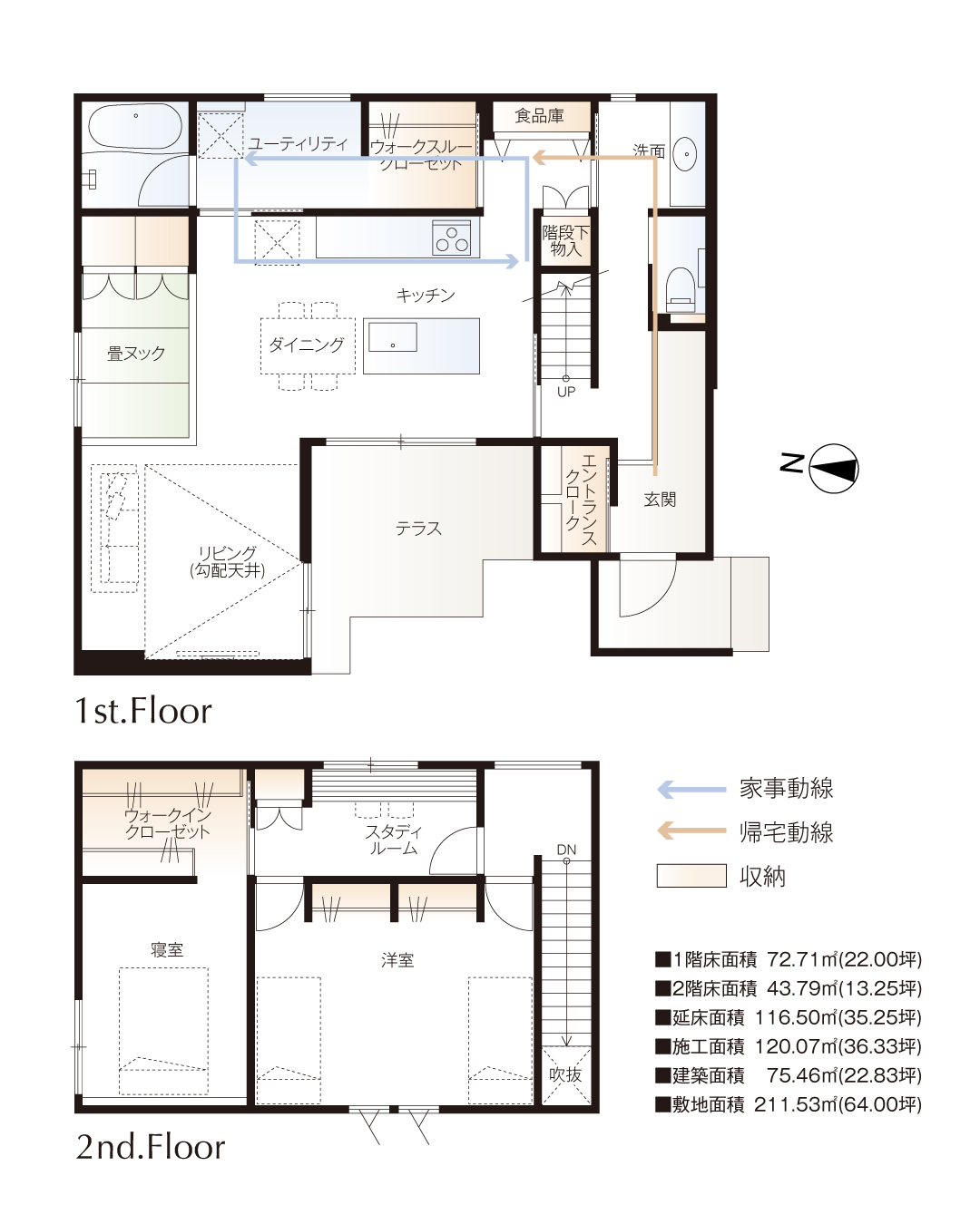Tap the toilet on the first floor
[681, 289]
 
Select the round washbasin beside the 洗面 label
[687, 153]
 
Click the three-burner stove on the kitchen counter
[452, 238]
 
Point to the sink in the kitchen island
[392, 336]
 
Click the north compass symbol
[833, 468]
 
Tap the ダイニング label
[307, 345]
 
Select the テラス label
[418, 529]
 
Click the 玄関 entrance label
[660, 500]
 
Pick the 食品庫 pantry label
[539, 116]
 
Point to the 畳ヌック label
[136, 354]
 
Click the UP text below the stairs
[566, 392]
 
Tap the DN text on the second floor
[566, 850]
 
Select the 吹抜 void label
[565, 1074]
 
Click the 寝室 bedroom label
[167, 949]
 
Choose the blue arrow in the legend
[691, 790]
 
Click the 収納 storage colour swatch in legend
[691, 876]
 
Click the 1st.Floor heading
[143, 711]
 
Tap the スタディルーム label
[394, 840]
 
